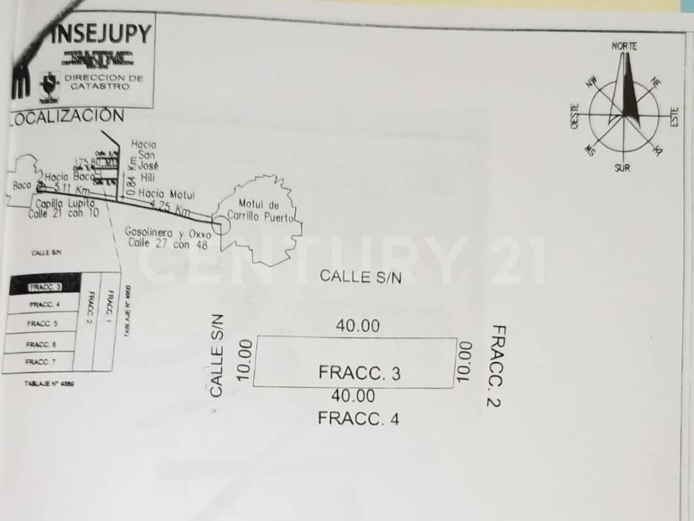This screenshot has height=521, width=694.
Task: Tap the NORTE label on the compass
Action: pyautogui.click(x=625, y=46)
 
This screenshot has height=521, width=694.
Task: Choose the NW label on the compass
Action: pyautogui.click(x=592, y=80)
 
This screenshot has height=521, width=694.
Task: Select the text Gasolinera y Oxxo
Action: pyautogui.click(x=163, y=232)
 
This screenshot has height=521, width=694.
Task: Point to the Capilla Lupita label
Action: pyautogui.click(x=65, y=203)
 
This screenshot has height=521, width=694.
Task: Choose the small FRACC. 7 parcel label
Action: pyautogui.click(x=41, y=362)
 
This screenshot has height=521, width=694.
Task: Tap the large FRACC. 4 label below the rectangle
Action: pyautogui.click(x=359, y=418)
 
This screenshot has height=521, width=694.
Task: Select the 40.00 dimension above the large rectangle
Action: pyautogui.click(x=358, y=326)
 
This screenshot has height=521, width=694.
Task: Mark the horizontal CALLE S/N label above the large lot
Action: pyautogui.click(x=360, y=276)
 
